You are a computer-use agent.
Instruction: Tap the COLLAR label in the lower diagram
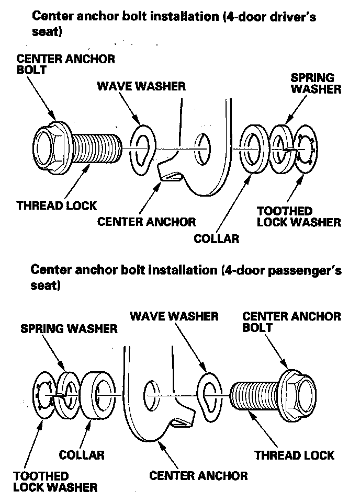[82, 455]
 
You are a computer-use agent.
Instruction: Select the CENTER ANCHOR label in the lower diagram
[198, 476]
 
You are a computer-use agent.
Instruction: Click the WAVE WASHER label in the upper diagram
[141, 86]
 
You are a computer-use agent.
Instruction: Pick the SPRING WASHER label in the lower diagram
[69, 329]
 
